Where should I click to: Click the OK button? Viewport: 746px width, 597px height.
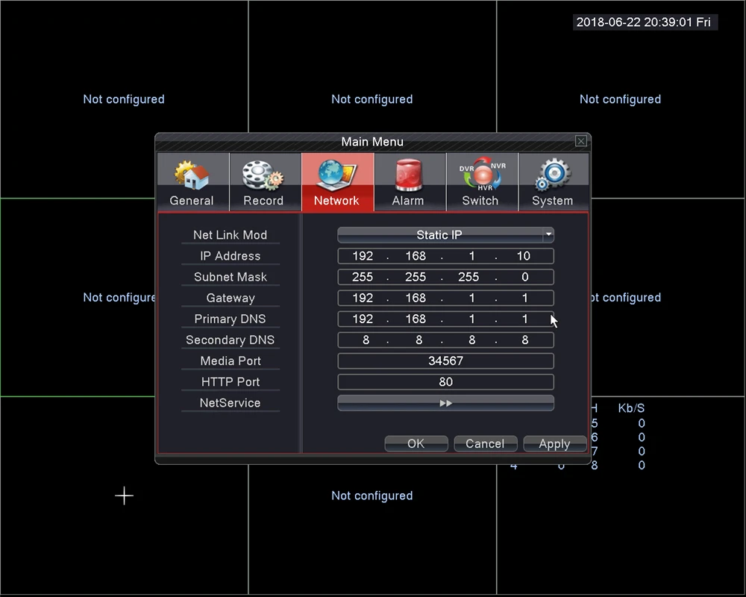[x=416, y=444]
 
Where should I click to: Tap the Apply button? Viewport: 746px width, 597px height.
[x=554, y=444]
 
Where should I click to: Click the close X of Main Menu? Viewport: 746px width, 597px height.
[x=580, y=141]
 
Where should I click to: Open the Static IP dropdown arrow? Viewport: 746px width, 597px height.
[x=548, y=234]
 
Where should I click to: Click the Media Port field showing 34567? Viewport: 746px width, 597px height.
[x=445, y=361]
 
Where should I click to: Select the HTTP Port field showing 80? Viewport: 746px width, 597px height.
[x=445, y=382]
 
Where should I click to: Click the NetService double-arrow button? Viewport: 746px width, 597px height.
[x=445, y=403]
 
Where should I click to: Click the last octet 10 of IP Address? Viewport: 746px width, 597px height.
[x=524, y=256]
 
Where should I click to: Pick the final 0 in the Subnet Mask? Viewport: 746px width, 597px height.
[x=525, y=277]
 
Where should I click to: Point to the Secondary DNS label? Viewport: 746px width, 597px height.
[x=230, y=340]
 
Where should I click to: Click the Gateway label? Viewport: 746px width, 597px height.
[x=230, y=298]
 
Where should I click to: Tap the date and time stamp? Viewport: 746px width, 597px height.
[x=644, y=22]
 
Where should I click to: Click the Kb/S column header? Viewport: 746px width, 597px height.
[x=631, y=408]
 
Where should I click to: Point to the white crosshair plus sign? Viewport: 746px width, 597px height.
[x=124, y=496]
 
